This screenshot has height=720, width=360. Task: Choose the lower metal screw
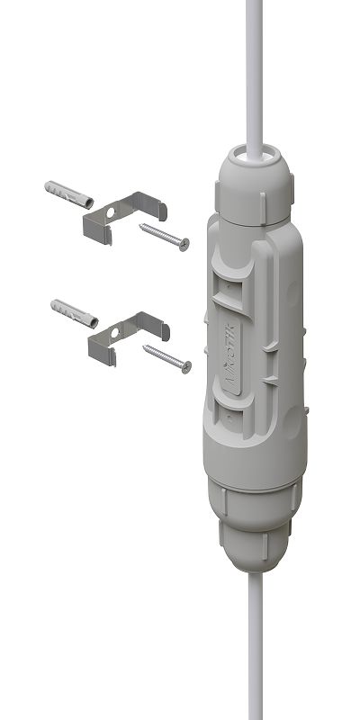pyautogui.click(x=167, y=356)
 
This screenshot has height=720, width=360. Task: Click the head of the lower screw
pyautogui.click(x=186, y=365)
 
